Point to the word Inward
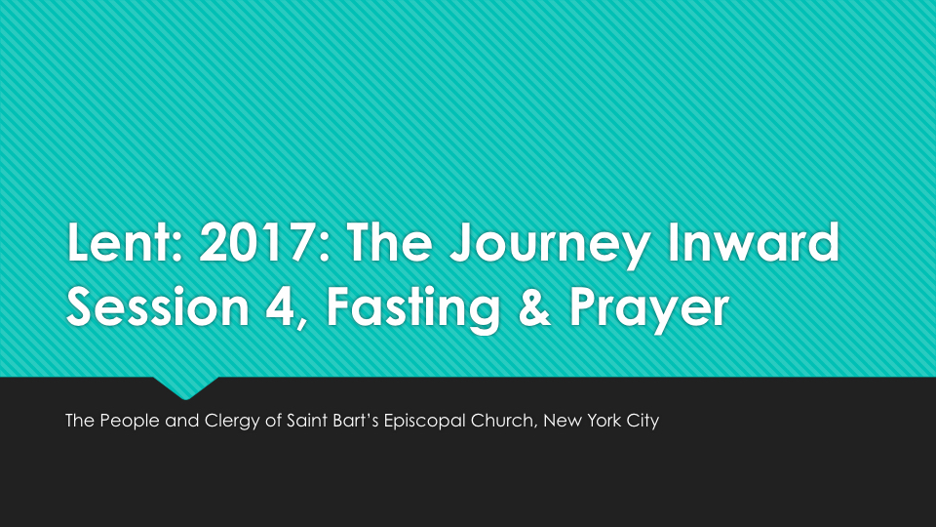click(x=754, y=242)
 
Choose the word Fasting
click(x=413, y=309)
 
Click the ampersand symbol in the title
click(x=534, y=306)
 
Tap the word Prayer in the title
click(x=649, y=309)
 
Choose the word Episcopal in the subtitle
click(x=424, y=422)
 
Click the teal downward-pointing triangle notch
click(x=185, y=387)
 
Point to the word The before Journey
click(x=390, y=242)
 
